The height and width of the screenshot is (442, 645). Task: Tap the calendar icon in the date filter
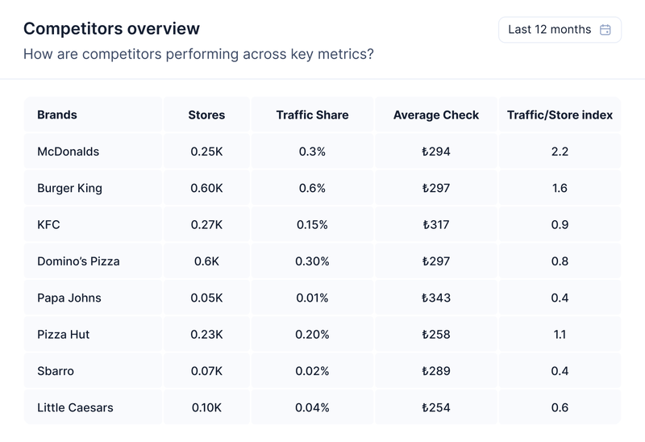tap(605, 30)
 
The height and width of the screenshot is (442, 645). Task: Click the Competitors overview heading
tap(111, 29)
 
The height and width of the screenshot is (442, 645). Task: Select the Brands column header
tap(57, 115)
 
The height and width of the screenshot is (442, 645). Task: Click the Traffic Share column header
tap(312, 115)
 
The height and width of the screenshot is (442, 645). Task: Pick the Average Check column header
tap(436, 115)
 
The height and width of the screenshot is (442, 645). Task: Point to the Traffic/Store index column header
tap(560, 115)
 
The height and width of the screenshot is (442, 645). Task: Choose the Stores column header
tap(206, 115)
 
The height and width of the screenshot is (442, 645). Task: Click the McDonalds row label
tap(69, 152)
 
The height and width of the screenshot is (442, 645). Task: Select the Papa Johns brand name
tap(69, 298)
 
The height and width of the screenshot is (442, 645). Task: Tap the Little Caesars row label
tap(75, 407)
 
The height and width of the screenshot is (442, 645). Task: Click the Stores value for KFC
tap(206, 225)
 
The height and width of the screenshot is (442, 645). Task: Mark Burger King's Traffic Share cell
tap(312, 188)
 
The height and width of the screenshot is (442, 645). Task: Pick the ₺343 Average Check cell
tap(436, 298)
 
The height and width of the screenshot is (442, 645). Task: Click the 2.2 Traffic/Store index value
tap(560, 152)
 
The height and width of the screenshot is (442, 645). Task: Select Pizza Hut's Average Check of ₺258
tap(436, 334)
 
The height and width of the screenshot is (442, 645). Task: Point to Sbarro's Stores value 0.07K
tap(206, 371)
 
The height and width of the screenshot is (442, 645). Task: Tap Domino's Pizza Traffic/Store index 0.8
tap(560, 261)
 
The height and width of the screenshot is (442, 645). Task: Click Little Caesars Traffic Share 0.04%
tap(312, 407)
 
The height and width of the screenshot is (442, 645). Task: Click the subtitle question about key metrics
tap(198, 55)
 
